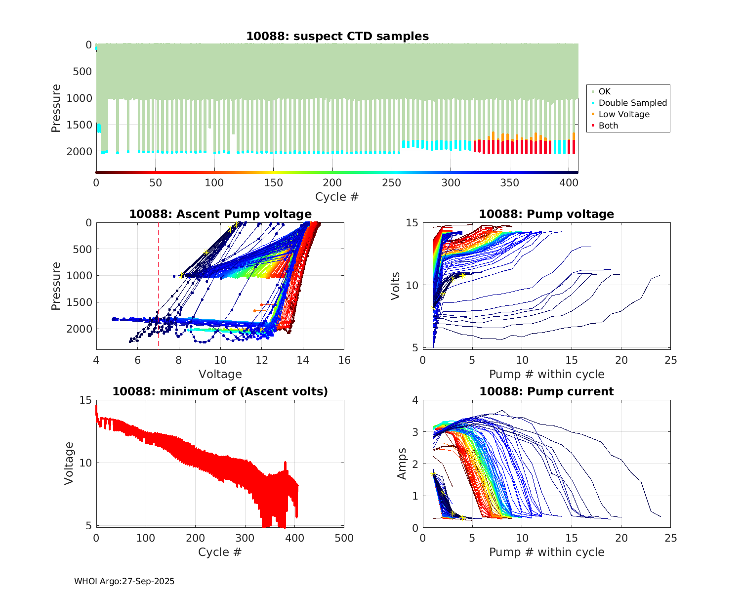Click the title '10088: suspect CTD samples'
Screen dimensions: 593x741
click(x=337, y=36)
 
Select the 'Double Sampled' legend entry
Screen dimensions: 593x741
click(x=632, y=103)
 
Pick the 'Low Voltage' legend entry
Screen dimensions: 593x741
click(x=624, y=114)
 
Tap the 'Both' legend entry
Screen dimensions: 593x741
click(x=608, y=126)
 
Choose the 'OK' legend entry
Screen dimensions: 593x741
click(x=604, y=91)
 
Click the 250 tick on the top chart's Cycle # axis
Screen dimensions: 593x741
click(x=391, y=183)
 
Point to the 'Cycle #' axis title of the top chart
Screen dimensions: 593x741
click(x=337, y=197)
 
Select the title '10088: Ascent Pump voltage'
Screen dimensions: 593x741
click(x=220, y=214)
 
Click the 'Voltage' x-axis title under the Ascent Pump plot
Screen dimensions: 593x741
click(x=220, y=374)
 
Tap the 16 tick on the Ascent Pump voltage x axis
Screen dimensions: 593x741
click(x=344, y=360)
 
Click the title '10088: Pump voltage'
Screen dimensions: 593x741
click(x=546, y=214)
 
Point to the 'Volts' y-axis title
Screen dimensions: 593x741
click(x=395, y=285)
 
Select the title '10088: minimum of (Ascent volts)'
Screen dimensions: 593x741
click(x=220, y=391)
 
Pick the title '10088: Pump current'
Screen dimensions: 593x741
click(x=546, y=391)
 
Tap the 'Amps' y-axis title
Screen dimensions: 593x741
click(x=402, y=463)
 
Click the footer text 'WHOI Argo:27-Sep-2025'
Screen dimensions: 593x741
click(x=124, y=581)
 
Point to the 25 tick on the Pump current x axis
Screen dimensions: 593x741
click(x=670, y=538)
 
